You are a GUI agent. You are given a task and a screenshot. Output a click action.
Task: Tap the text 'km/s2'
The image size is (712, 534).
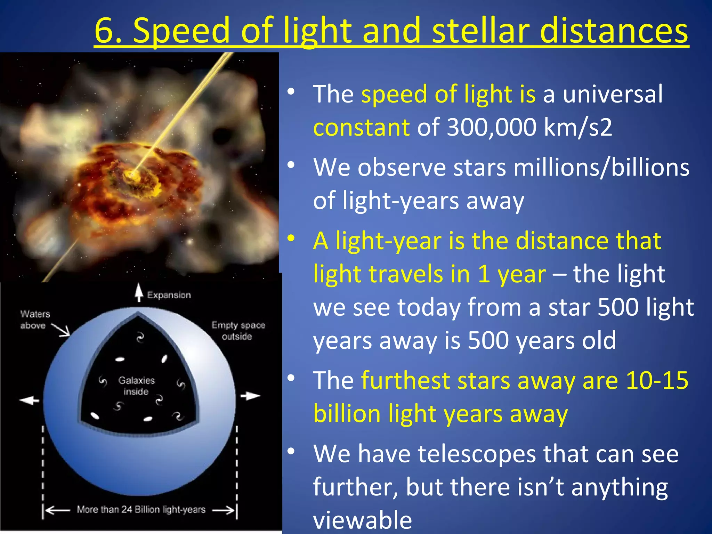577,127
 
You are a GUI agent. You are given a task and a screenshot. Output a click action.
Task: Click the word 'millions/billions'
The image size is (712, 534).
601,168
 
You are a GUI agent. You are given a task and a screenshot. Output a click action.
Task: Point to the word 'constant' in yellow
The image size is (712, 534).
361,127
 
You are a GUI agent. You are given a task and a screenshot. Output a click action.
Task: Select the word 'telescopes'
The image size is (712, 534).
477,454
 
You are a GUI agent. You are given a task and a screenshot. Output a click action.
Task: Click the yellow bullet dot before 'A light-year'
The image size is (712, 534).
291,238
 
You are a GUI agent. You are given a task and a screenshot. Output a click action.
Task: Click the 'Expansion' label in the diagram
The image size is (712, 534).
169,295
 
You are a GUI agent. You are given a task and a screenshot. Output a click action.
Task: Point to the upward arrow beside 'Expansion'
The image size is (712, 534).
139,292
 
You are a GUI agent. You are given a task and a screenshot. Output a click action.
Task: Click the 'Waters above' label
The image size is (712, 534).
35,319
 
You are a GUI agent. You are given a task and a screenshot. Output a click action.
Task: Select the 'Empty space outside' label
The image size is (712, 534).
238,330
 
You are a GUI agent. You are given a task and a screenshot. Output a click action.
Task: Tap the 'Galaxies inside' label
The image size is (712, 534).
137,386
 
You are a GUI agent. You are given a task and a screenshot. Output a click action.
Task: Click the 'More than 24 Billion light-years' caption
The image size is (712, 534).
141,510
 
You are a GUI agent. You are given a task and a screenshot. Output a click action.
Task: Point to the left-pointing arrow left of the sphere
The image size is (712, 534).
30,400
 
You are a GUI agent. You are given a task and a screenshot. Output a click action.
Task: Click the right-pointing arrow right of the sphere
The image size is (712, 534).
250,396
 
